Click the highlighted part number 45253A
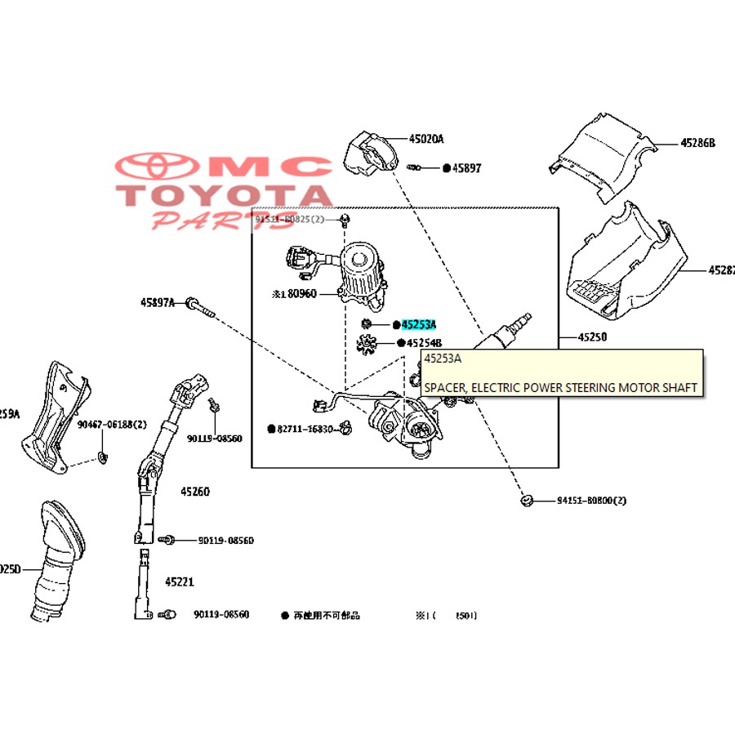coord(419,324)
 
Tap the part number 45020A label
coord(426,139)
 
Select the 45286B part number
coord(697,143)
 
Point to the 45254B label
coord(424,343)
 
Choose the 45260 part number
coord(195,492)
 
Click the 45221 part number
coord(180,582)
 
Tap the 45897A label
coord(158,302)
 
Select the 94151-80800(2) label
coord(591,500)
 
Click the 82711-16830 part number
coord(305,428)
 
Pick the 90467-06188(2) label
coord(112,425)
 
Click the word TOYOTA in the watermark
coord(225,195)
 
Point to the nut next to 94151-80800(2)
coord(527,500)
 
